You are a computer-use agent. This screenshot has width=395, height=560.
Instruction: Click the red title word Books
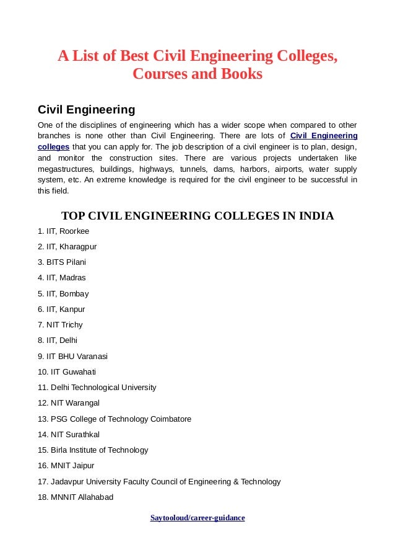[241, 74]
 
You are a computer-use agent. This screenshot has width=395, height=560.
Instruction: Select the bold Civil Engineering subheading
[86, 110]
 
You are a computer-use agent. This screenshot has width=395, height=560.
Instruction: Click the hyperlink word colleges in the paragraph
[53, 146]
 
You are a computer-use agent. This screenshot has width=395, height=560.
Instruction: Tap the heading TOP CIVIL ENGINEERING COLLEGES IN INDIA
[197, 216]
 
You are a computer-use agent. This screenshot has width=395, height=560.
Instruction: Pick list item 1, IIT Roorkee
[63, 231]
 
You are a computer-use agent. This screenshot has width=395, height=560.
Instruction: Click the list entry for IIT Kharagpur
[67, 246]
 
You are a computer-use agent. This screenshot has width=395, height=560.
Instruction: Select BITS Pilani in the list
[62, 262]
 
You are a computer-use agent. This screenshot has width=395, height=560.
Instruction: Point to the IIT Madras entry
[62, 277]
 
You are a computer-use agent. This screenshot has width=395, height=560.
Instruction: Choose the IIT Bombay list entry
[63, 293]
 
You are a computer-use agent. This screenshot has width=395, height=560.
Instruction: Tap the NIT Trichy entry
[60, 324]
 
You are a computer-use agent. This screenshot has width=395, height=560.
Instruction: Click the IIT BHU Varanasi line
[72, 356]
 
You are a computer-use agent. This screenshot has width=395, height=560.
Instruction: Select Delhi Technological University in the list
[97, 387]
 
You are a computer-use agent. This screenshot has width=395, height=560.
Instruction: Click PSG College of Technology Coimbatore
[115, 419]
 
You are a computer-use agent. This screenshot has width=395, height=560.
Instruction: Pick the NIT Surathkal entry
[69, 434]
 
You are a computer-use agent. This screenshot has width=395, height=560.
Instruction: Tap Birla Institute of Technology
[93, 450]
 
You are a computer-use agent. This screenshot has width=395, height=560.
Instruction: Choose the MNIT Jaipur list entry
[66, 465]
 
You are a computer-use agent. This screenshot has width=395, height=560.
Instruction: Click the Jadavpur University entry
[159, 481]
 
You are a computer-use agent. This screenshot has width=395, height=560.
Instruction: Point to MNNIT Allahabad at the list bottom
[76, 497]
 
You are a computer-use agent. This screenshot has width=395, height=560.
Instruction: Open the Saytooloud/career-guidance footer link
[197, 517]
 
